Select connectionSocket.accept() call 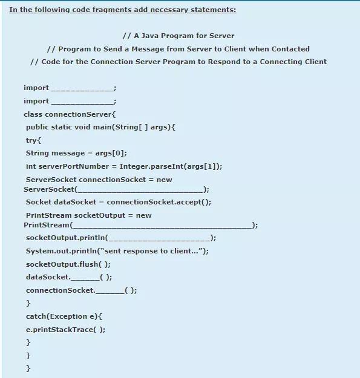[159, 202]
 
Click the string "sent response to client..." [155, 251]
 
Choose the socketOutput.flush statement [68, 264]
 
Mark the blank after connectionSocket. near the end [110, 291]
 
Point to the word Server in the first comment [221, 36]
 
